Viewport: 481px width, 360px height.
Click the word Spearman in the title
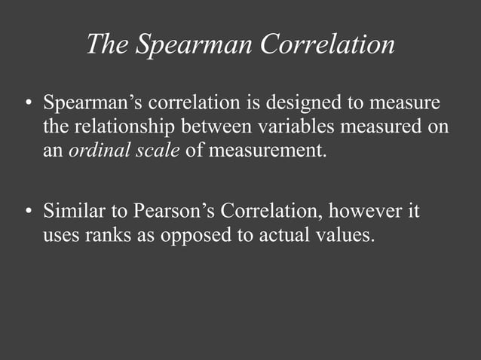193,44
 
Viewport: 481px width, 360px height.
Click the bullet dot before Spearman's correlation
28,103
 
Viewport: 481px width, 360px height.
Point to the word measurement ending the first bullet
268,149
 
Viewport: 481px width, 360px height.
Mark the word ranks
109,234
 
